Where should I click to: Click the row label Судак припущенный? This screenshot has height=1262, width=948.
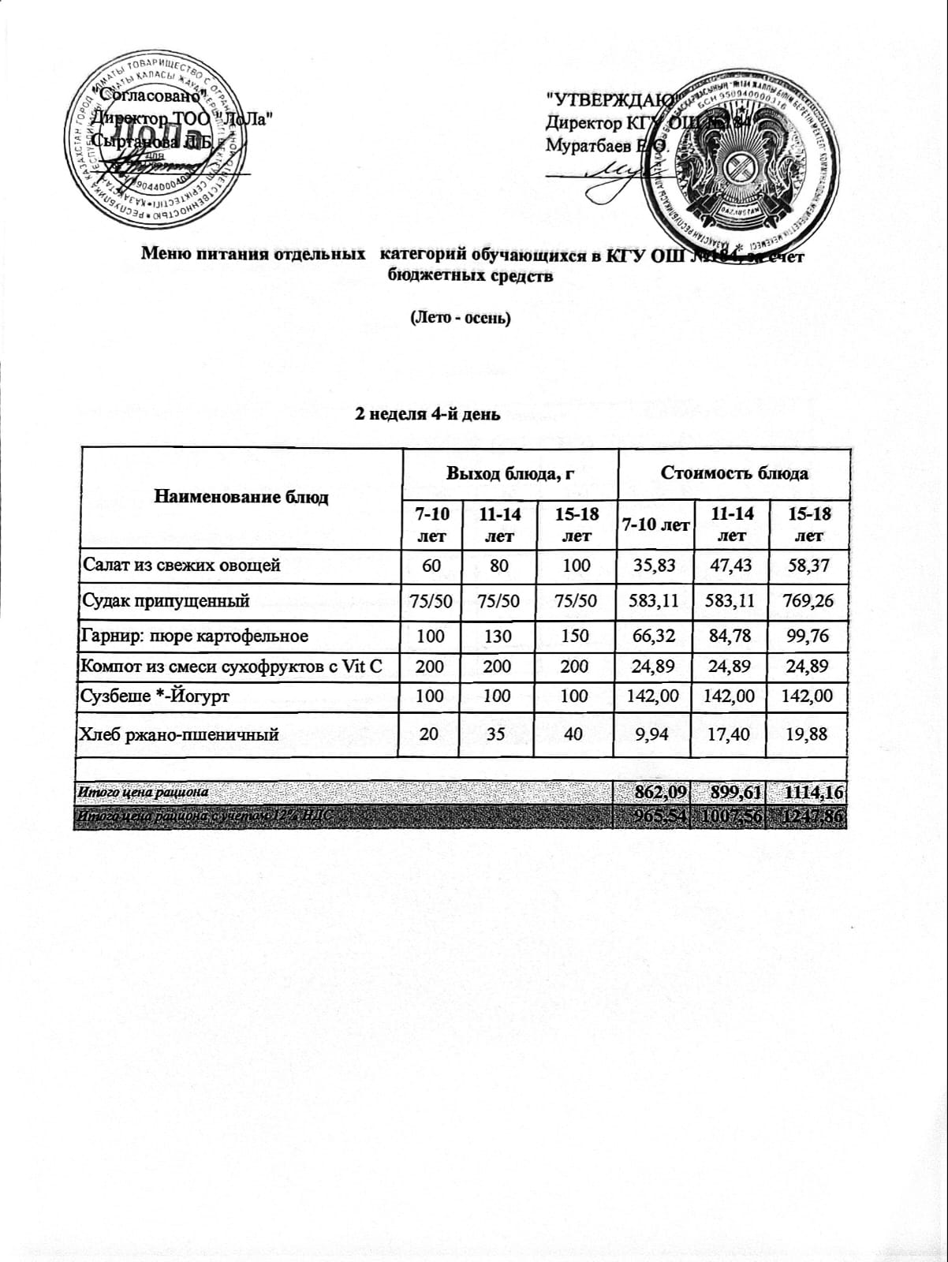(x=166, y=601)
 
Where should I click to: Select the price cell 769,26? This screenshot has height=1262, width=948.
(x=809, y=601)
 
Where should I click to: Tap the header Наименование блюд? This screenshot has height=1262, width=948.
(x=241, y=497)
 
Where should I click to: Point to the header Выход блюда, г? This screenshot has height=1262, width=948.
(x=509, y=474)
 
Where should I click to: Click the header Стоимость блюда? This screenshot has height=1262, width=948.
(x=733, y=474)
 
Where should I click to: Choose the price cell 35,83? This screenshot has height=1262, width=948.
(x=655, y=565)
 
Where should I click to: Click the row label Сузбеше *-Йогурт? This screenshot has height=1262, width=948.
(x=155, y=696)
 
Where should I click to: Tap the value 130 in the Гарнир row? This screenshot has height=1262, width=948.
(x=500, y=636)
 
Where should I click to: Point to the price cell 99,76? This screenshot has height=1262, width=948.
(x=809, y=636)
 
